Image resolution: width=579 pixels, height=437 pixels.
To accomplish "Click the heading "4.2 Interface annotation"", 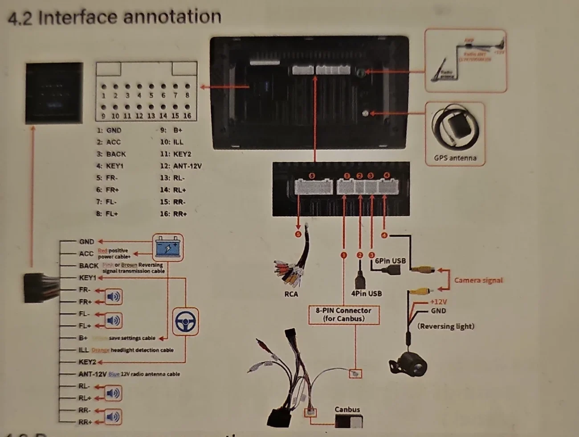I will click(x=114, y=17).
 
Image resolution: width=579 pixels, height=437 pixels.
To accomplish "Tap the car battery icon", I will click(x=167, y=247).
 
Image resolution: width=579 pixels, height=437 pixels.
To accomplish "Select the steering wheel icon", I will click(x=185, y=322).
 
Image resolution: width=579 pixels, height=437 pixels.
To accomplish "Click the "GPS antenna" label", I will click(x=455, y=158).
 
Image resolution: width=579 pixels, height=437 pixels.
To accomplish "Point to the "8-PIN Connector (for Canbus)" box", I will click(x=344, y=314).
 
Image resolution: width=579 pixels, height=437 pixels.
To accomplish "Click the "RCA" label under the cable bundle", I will click(x=291, y=294).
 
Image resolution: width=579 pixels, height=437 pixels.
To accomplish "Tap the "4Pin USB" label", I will click(x=366, y=293).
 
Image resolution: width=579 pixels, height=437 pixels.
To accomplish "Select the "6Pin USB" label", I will click(x=390, y=261).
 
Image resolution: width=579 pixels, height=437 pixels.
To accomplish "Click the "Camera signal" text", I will click(x=478, y=280).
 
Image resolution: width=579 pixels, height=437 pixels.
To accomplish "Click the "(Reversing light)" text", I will click(x=445, y=326).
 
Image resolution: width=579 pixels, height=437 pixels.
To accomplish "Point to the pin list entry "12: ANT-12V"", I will click(x=181, y=166).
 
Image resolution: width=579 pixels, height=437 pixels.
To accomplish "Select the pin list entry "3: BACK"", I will click(x=111, y=154).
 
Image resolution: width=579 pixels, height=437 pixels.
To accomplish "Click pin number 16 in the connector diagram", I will click(x=187, y=115).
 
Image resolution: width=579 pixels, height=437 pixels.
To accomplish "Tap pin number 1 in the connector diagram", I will click(x=103, y=95).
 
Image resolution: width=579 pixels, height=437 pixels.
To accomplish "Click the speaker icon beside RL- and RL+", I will click(x=113, y=393).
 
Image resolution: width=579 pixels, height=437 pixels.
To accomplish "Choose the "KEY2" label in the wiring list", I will click(x=87, y=362).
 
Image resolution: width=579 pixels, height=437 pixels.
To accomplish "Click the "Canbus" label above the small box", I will click(x=347, y=409).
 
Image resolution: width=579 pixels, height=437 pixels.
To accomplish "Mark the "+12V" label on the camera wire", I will click(x=438, y=302).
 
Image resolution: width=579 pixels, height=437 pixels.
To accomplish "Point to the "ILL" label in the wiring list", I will click(x=84, y=350).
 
